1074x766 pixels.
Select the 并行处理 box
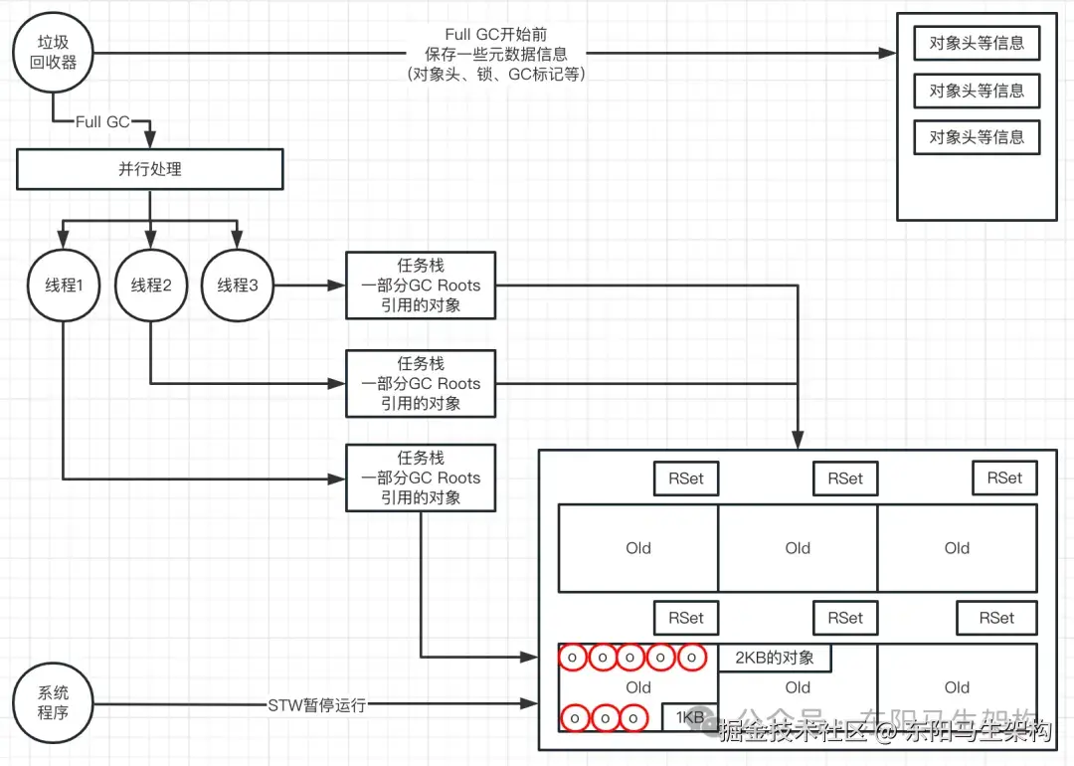[x=150, y=169]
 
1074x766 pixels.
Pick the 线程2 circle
[x=151, y=286]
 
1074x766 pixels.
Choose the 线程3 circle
[x=237, y=286]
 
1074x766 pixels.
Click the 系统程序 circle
[x=54, y=704]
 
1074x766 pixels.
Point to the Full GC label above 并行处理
[x=102, y=121]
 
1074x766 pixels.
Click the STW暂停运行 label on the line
[x=317, y=705]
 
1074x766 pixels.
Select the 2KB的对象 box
[x=775, y=658]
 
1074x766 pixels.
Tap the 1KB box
[x=690, y=717]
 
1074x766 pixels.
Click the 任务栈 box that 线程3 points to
[x=421, y=286]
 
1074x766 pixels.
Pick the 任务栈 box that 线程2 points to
[x=421, y=383]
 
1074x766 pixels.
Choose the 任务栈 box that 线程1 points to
[x=421, y=478]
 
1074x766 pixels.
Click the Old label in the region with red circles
[x=638, y=687]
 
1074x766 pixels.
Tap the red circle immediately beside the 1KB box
[x=632, y=717]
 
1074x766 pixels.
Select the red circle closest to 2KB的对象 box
[x=692, y=658]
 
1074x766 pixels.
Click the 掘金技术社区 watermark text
[x=786, y=733]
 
